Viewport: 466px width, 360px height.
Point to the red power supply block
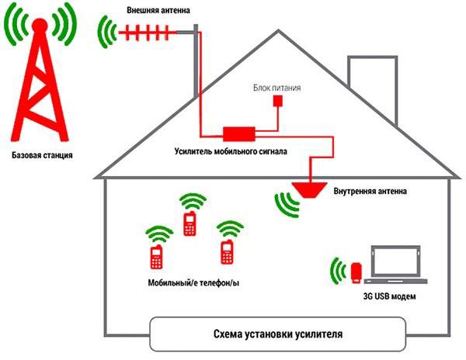(281, 102)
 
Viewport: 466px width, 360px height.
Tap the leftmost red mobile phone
(155, 256)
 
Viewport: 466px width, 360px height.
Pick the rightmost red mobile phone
(228, 251)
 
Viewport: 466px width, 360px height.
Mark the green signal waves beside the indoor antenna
(287, 202)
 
